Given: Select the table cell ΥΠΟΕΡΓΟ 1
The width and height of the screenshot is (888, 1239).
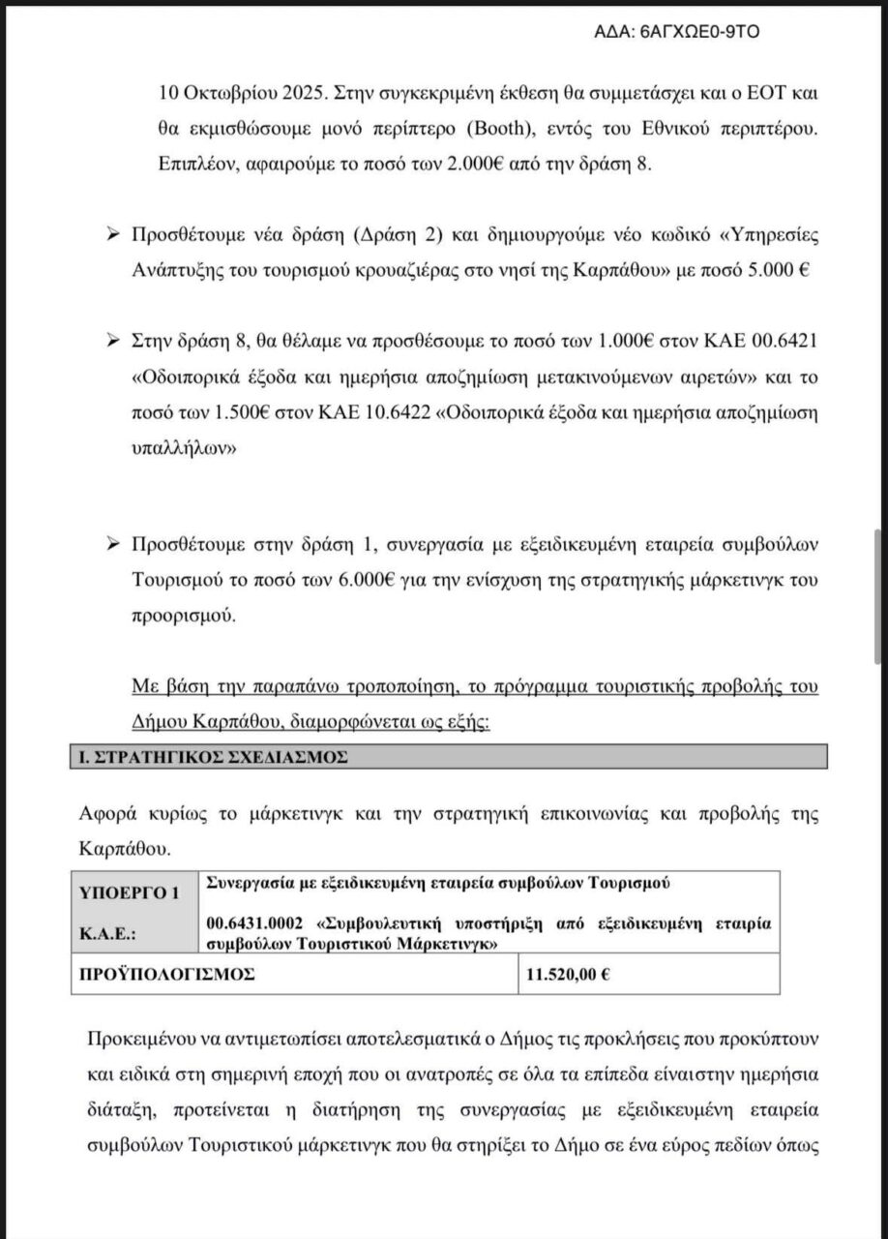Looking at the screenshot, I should point(133,895).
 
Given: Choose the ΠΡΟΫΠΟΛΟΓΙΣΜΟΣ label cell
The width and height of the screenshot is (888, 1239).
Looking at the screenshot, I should point(165,975).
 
